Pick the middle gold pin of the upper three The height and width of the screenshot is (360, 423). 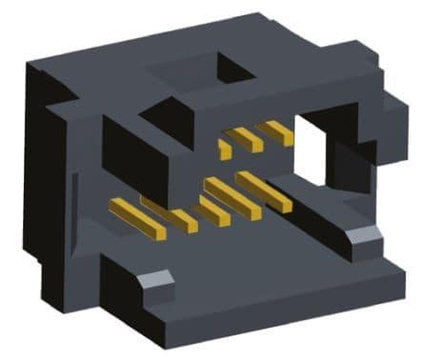click(251, 139)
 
